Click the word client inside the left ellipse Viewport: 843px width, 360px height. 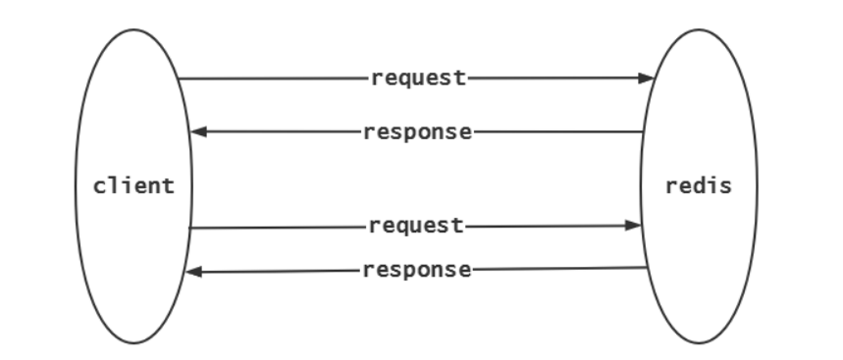(133, 185)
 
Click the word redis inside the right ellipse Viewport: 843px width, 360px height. (698, 185)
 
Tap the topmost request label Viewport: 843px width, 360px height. (418, 78)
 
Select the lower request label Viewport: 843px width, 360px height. (416, 227)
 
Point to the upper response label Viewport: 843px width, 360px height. (417, 132)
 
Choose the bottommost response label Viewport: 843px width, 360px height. (417, 271)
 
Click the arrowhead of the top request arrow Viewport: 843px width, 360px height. (647, 78)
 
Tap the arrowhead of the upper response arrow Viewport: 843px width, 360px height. (197, 132)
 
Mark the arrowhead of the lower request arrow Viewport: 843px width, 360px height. (634, 226)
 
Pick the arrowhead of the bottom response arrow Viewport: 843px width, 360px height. (193, 272)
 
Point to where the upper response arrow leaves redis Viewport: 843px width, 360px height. (644, 131)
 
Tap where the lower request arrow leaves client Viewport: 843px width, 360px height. (189, 228)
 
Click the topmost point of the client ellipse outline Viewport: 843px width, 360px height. (133, 28)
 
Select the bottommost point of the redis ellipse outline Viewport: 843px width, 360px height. (699, 343)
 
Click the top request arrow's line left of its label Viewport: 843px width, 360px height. (275, 78)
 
